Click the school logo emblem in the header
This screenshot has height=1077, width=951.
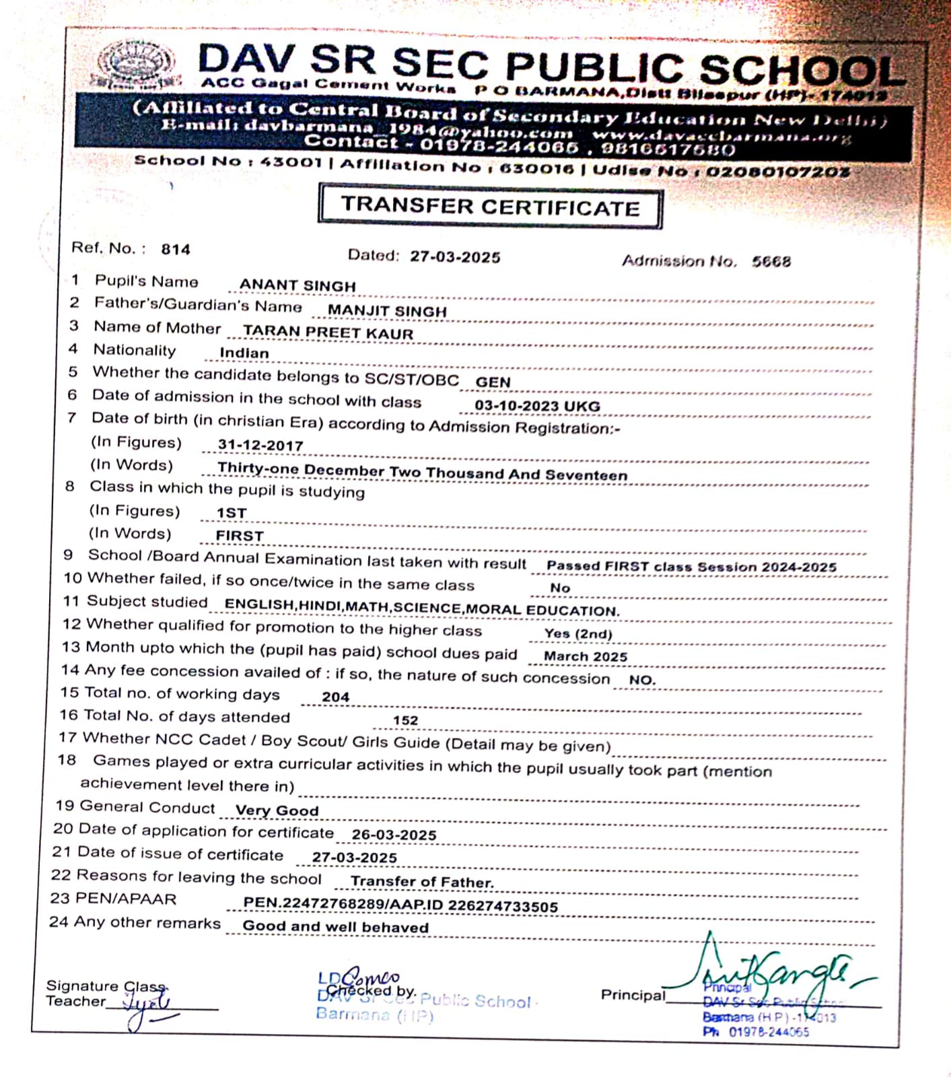136,65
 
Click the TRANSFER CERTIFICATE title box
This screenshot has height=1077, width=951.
490,207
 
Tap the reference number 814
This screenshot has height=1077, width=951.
176,250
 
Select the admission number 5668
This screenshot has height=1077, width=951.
771,261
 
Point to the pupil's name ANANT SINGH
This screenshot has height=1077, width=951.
297,285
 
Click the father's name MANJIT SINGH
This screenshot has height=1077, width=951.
387,311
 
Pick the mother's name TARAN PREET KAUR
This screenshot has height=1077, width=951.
328,333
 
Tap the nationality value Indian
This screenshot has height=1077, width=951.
244,353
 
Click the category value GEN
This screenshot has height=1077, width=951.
493,382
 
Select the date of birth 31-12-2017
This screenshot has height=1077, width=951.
260,446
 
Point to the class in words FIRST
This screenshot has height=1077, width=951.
240,536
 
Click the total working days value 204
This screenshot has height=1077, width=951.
335,697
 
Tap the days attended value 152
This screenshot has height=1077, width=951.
405,720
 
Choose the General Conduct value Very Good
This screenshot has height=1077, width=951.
277,810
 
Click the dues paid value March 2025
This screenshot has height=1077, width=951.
586,656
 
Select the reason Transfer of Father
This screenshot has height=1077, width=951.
422,882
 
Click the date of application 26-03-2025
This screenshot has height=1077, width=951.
394,835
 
